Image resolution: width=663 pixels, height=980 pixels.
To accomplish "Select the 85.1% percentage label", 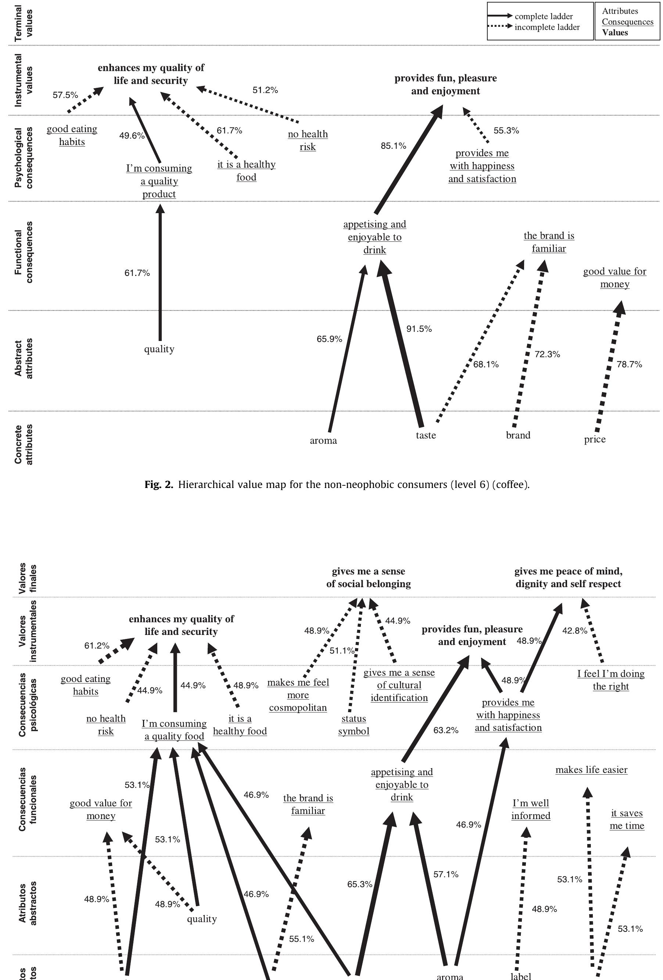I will click(393, 146).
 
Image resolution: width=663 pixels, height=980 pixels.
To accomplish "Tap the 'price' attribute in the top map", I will click(594, 439).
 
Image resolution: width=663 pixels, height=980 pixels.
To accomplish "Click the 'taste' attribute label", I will click(426, 435).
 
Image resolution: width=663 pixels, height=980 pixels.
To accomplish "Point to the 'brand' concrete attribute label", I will click(518, 435).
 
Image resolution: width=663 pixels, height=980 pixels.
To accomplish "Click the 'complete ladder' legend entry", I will click(543, 17).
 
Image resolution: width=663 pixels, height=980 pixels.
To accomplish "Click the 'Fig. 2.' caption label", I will click(158, 485).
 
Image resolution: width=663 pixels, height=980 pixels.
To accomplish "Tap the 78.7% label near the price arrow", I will click(629, 365).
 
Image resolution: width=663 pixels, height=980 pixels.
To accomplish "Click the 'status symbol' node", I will click(354, 725).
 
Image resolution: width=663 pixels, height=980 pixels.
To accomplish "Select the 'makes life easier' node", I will click(591, 769).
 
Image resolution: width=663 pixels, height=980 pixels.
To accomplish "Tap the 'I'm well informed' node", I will click(531, 809).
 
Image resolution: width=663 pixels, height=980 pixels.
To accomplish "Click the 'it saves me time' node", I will click(627, 819).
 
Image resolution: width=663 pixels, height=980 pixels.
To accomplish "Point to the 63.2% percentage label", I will click(445, 730).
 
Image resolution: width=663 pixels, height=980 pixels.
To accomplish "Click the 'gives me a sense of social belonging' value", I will click(368, 577).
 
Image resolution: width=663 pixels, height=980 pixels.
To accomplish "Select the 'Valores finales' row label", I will click(28, 578).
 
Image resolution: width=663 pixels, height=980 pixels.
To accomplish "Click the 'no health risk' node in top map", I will click(308, 140).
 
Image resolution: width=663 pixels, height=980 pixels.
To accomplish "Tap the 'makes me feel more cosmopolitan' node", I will click(298, 695).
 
